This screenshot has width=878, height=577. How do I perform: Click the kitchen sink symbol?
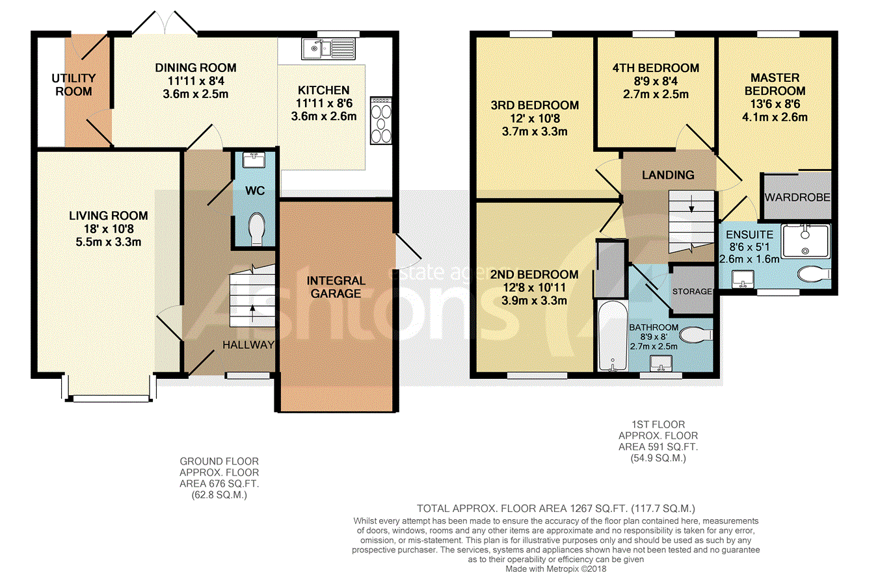coord(328,49)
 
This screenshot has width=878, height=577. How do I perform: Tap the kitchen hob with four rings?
coord(381,120)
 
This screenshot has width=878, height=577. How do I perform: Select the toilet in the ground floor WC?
coord(257,229)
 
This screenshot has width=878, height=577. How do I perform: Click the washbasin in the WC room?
coord(254,160)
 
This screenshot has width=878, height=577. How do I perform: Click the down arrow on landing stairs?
coord(691,203)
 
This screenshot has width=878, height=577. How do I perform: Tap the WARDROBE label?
coord(797,197)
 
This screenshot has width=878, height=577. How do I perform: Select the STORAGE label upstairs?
coord(692,292)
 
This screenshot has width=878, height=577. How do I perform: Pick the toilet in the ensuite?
coord(814,274)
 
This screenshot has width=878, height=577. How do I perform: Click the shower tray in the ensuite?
coord(806,240)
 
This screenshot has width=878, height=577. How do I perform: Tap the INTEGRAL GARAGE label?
coord(336,287)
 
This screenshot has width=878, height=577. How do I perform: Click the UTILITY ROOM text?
coord(73,84)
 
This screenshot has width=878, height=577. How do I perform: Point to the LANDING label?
coord(668,175)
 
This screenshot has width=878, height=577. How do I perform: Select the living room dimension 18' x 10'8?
coord(109,229)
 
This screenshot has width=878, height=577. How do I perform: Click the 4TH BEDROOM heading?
coord(656,68)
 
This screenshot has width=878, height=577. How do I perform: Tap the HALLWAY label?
coord(248,345)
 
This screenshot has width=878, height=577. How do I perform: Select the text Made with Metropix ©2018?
coord(556,569)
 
